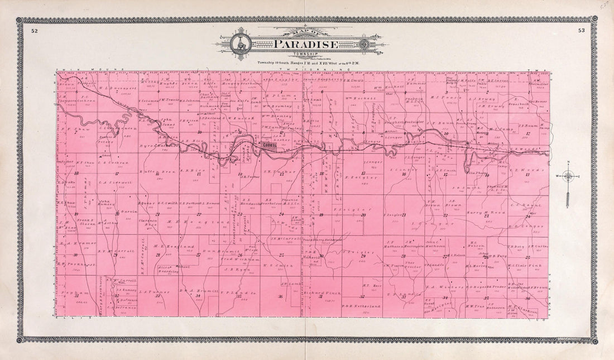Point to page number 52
point(35,30)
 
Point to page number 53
point(582,30)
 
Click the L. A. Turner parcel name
point(150,292)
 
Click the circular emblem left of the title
point(241,44)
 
